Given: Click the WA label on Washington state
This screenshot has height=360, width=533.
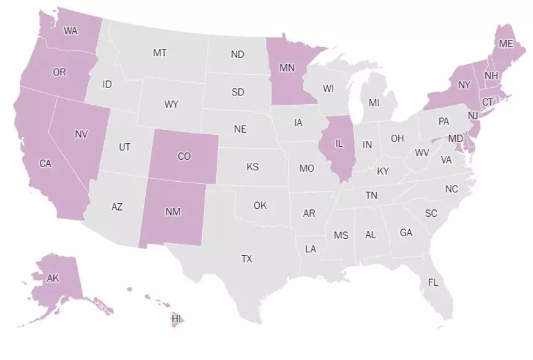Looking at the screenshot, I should tap(70, 31).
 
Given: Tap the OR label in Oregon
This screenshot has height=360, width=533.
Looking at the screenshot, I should tap(59, 72).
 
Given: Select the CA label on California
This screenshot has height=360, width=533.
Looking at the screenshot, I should tap(45, 163).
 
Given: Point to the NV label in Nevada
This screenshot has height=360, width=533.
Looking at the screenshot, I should tap(81, 134).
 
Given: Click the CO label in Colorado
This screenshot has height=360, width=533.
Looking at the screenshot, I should tap(184, 157).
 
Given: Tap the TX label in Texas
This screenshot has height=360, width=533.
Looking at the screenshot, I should tap(246, 259).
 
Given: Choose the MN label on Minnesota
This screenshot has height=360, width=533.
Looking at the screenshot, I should tap(287, 68).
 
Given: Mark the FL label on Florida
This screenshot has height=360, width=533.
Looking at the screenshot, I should tap(433, 283).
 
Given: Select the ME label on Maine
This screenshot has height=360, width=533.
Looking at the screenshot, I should tap(505, 43).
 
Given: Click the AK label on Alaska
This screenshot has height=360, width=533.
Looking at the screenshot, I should tap(53, 278).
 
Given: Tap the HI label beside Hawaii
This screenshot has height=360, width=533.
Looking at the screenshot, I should tap(176, 319).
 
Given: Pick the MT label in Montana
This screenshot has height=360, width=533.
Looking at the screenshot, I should tap(160, 53).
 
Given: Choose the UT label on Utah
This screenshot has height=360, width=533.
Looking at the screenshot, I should tap(124, 147).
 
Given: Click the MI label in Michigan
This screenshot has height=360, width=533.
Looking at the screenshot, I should tap(374, 103).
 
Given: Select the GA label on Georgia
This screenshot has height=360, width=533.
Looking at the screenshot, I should tap(406, 233).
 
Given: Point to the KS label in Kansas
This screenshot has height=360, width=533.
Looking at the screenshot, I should tap(252, 167).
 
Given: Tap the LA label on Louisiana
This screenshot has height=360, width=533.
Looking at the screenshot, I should tap(311, 249).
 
